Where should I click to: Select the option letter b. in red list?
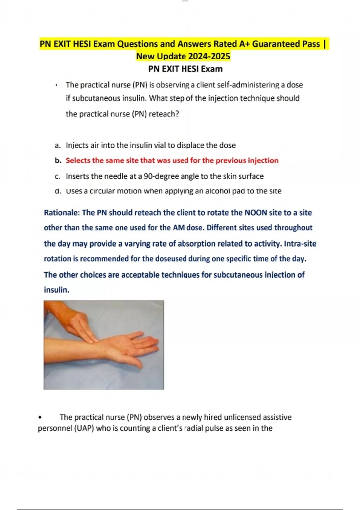(x=58, y=160)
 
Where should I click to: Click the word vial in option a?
(x=160, y=145)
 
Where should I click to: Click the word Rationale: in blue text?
(x=62, y=213)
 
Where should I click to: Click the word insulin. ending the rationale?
(x=56, y=290)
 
